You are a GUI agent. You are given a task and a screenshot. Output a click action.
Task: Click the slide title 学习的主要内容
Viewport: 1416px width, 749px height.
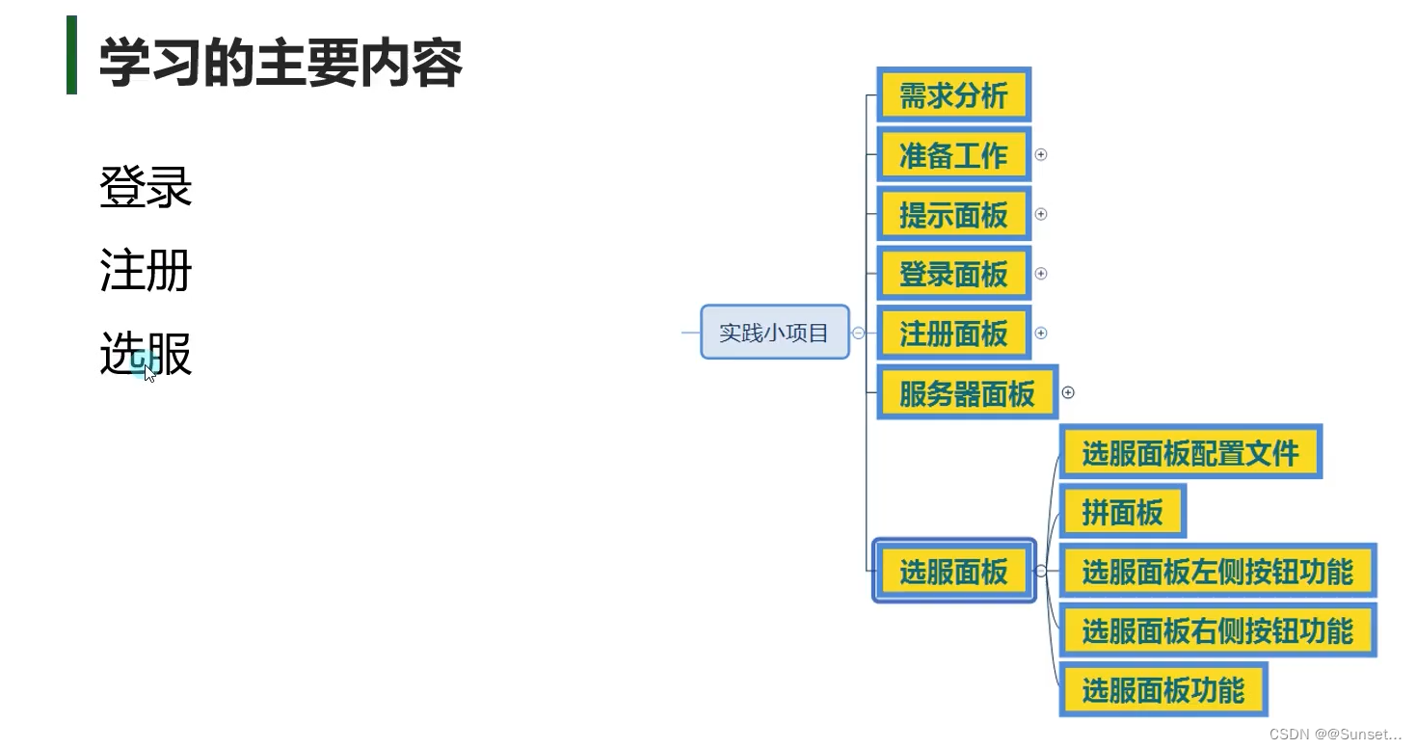[x=281, y=63]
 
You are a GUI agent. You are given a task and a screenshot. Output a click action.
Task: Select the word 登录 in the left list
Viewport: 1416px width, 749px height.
[x=146, y=187]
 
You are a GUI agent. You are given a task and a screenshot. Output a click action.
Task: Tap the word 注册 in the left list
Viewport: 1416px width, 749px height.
[x=146, y=271]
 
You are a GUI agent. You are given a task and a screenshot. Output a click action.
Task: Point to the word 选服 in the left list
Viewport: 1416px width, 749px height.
[x=146, y=354]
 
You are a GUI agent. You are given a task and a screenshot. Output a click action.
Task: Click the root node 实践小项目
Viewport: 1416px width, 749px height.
[x=774, y=333]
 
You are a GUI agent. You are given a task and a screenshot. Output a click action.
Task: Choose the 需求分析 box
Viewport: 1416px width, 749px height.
[x=953, y=95]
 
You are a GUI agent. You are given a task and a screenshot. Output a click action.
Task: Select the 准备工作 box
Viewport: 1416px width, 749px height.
[x=953, y=154]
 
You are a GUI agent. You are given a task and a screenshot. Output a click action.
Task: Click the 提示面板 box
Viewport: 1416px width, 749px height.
[x=953, y=214]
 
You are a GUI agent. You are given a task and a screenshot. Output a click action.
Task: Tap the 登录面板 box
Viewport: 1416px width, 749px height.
[x=953, y=274]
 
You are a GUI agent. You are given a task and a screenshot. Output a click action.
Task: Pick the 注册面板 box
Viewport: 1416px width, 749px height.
[x=953, y=334]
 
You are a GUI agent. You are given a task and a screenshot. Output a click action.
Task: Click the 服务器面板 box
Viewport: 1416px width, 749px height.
[x=967, y=392]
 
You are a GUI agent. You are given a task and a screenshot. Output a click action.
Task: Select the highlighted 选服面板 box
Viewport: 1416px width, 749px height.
[x=953, y=572]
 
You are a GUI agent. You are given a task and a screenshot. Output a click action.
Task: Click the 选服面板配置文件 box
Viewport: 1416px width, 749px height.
[x=1190, y=452]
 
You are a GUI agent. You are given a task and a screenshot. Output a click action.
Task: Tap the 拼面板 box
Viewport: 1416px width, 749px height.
[x=1122, y=512]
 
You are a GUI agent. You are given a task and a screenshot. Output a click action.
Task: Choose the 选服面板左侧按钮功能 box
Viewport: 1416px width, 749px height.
[x=1217, y=572]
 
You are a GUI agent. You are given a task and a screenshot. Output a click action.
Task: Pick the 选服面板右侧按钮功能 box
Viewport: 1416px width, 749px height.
[x=1217, y=630]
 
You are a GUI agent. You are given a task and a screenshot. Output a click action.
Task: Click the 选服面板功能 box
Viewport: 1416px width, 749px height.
[x=1162, y=690]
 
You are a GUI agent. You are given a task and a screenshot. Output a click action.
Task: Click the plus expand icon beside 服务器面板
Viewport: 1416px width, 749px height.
[x=1068, y=392]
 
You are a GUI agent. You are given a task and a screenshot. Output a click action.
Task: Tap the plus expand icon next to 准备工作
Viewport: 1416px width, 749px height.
[x=1041, y=154]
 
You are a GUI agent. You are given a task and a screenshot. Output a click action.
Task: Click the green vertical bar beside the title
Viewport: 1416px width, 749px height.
[x=71, y=55]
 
